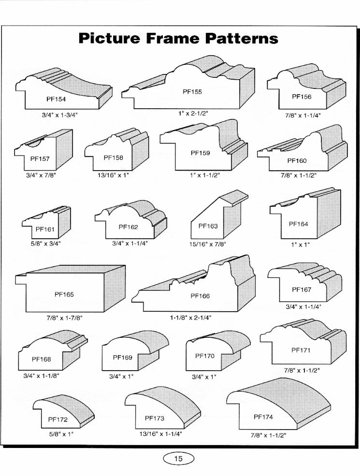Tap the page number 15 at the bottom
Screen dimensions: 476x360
pyautogui.click(x=178, y=459)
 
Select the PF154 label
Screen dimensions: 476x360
pyautogui.click(x=56, y=99)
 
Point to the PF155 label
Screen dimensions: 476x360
pyautogui.click(x=192, y=91)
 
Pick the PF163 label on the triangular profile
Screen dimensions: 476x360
pyautogui.click(x=208, y=226)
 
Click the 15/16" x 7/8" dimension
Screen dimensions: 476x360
pyautogui.click(x=207, y=244)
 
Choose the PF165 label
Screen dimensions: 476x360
pyautogui.click(x=64, y=294)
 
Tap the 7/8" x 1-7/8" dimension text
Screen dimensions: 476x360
pyautogui.click(x=61, y=317)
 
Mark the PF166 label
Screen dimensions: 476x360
pyautogui.click(x=200, y=296)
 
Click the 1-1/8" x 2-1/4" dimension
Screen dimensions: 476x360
pyautogui.click(x=190, y=317)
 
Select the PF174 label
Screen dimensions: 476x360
pyautogui.click(x=263, y=417)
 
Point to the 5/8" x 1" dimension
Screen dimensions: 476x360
pyautogui.click(x=61, y=434)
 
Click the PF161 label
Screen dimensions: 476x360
pyautogui.click(x=46, y=229)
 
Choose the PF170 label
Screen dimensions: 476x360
pyautogui.click(x=204, y=356)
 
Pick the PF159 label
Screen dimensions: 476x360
pyautogui.click(x=200, y=153)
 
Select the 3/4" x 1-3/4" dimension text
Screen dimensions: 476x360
pyautogui.click(x=59, y=115)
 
